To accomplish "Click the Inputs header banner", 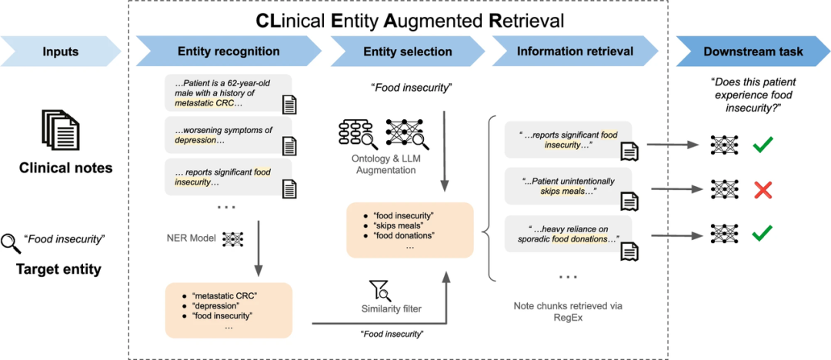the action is point(60,52).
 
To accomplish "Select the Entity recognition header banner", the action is point(229,52).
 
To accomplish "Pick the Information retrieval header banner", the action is point(575,52).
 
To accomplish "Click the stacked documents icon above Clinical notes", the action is point(60,130).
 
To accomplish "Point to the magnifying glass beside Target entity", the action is point(11,242).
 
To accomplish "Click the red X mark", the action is point(762,189).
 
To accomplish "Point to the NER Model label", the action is point(190,238).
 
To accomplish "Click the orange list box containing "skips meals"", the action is point(409,230).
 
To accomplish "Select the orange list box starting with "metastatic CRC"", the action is point(229,310).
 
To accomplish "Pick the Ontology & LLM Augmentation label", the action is point(382,165).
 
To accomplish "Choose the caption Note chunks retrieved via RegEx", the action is point(568,312).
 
